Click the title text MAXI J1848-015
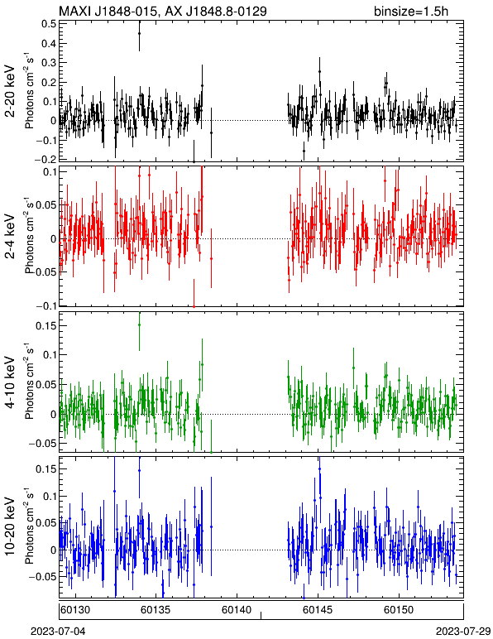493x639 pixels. click(x=106, y=11)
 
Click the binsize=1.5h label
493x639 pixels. click(x=411, y=11)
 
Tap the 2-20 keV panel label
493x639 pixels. click(x=10, y=91)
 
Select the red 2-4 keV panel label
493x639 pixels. click(x=10, y=237)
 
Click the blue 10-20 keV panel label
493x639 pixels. click(x=10, y=526)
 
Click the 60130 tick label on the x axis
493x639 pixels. click(x=75, y=610)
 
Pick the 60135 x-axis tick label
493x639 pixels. click(x=156, y=610)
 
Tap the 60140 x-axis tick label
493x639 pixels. click(x=237, y=610)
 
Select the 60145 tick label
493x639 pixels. click(x=318, y=610)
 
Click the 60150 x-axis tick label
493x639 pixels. click(x=399, y=610)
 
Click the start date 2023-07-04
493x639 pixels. click(x=58, y=632)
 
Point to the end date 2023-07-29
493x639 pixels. click(x=463, y=632)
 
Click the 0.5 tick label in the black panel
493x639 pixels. click(x=49, y=24)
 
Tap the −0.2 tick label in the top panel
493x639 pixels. click(x=45, y=159)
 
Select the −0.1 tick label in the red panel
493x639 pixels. click(x=45, y=306)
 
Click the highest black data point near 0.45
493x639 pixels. click(x=139, y=33)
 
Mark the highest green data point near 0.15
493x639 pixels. click(x=139, y=324)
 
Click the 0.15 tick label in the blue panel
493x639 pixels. click(x=46, y=469)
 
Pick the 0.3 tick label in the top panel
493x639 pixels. click(x=49, y=62)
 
